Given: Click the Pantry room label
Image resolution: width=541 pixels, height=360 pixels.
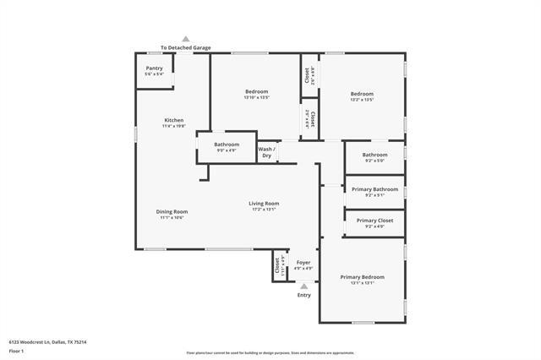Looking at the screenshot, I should pyautogui.click(x=154, y=68).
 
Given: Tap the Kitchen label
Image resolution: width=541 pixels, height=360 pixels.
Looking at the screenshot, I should pyautogui.click(x=173, y=120).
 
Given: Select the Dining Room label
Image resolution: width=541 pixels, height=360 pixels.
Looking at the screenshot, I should pyautogui.click(x=172, y=211).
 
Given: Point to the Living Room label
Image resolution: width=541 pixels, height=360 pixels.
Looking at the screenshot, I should pyautogui.click(x=264, y=203).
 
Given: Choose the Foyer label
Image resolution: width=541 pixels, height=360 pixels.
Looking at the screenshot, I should pyautogui.click(x=303, y=263).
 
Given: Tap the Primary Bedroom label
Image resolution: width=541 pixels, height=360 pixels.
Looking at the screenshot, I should pyautogui.click(x=362, y=277).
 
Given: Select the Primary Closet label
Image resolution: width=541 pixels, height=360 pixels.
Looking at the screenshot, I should pyautogui.click(x=374, y=221).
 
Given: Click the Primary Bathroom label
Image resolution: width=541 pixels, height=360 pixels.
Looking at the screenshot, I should pyautogui.click(x=374, y=189).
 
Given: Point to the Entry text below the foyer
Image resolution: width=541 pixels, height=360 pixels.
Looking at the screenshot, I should pyautogui.click(x=303, y=295).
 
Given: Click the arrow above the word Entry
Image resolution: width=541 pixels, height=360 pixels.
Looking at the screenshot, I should pyautogui.click(x=303, y=286).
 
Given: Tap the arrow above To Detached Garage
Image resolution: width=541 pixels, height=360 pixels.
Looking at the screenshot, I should pyautogui.click(x=186, y=39).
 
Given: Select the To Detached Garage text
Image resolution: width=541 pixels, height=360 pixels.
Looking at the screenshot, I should pyautogui.click(x=186, y=47).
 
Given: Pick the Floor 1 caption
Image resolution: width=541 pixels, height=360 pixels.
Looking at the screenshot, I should pyautogui.click(x=16, y=350).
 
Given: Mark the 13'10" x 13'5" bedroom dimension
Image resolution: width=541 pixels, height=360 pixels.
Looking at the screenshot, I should pyautogui.click(x=256, y=99).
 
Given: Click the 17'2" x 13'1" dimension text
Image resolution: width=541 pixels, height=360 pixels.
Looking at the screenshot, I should pyautogui.click(x=264, y=210).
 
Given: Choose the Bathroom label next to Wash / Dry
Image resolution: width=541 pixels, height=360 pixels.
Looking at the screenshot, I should pyautogui.click(x=227, y=145).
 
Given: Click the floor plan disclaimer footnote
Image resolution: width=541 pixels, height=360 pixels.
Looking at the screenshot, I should pyautogui.click(x=270, y=352).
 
